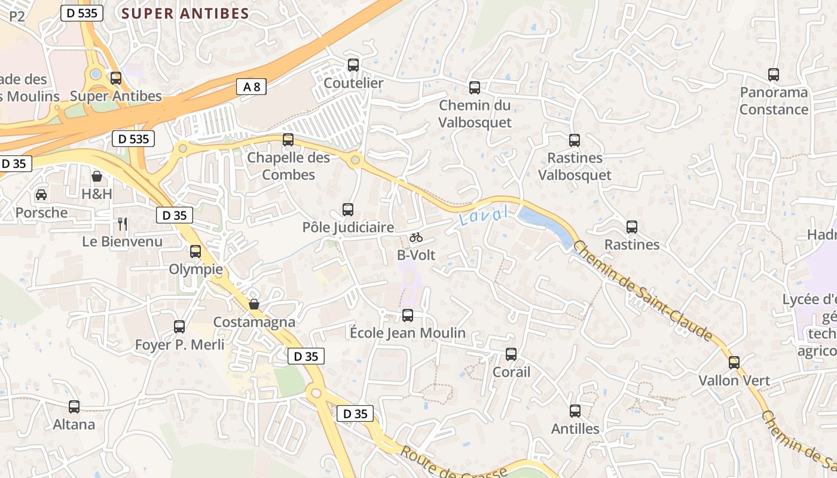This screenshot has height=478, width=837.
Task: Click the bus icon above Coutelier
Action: click(x=353, y=65)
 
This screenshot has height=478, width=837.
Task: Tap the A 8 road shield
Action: click(x=251, y=87)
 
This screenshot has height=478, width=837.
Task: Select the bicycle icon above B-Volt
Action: click(x=416, y=237)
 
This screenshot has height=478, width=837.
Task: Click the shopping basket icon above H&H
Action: click(x=97, y=176)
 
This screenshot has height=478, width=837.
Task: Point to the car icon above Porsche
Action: click(x=41, y=194)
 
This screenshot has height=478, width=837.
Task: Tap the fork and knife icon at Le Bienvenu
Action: click(x=123, y=224)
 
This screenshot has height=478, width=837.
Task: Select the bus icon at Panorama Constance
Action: click(x=774, y=75)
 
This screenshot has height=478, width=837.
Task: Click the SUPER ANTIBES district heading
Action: click(x=185, y=14)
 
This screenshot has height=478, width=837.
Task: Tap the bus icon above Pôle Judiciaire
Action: click(x=348, y=209)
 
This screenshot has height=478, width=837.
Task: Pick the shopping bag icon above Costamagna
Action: click(x=254, y=304)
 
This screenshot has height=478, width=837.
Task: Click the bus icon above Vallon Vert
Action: click(x=734, y=362)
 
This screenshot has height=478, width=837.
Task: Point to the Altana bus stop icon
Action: click(x=74, y=406)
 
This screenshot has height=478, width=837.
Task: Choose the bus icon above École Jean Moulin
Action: click(x=408, y=315)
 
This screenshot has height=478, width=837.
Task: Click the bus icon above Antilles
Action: click(x=575, y=410)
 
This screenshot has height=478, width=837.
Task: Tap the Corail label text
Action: click(x=511, y=372)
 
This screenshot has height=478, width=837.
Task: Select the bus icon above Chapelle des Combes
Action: click(x=288, y=140)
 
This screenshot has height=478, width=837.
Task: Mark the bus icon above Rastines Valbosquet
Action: click(x=575, y=140)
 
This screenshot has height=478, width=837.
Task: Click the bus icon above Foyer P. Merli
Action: click(x=179, y=326)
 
